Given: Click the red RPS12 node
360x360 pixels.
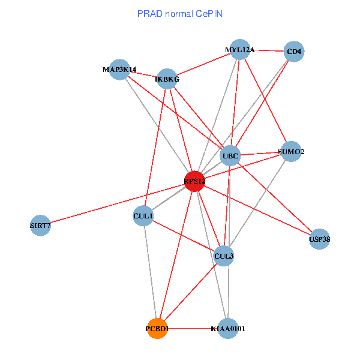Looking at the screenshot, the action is [194, 181].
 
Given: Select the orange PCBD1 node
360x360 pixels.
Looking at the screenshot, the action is [157, 329].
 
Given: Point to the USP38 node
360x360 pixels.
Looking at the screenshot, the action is [319, 239].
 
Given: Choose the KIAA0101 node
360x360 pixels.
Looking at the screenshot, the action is [228, 329].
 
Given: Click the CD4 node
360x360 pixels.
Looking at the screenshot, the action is [294, 52].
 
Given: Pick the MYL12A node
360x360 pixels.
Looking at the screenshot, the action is [240, 50].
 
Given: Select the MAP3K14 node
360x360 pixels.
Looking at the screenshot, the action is [120, 70].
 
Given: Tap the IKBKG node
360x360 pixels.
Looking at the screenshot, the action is [167, 79].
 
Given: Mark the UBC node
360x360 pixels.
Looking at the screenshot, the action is [230, 157].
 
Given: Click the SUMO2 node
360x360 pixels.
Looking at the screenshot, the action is [291, 152].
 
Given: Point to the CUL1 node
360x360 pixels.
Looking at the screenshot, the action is [143, 215].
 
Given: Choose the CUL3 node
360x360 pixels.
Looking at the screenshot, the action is [224, 256].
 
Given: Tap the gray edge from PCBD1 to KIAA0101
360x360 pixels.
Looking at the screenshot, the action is [193, 329].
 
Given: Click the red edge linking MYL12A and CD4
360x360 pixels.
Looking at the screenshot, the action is [267, 51].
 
